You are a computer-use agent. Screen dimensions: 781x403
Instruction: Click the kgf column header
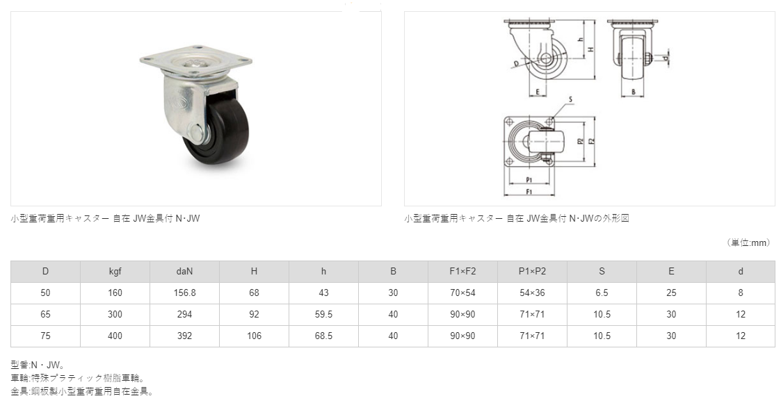115,271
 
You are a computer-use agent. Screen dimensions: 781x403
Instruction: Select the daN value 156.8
184,293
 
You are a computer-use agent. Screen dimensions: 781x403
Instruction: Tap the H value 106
254,336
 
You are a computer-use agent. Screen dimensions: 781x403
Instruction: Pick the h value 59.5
324,315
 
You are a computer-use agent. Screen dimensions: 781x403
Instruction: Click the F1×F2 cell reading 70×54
462,293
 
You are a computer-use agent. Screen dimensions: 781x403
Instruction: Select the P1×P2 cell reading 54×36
533,293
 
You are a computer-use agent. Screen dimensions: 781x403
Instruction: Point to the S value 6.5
602,293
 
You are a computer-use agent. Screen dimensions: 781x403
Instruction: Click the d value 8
741,293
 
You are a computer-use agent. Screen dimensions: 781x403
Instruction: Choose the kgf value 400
115,336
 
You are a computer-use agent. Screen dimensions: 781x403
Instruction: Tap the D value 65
45,315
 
